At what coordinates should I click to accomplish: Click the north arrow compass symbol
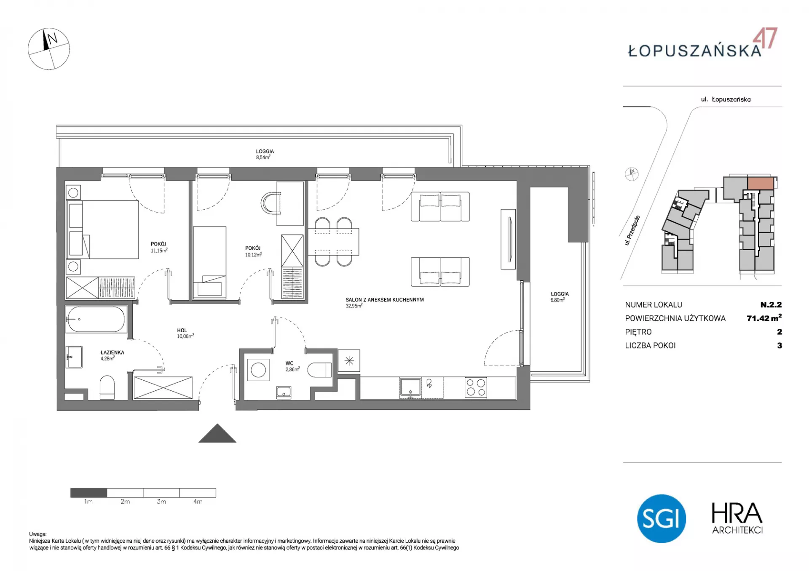[49, 49]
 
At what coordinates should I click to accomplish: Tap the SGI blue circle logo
[661, 518]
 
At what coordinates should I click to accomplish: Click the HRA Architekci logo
[737, 518]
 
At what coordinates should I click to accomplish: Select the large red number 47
[765, 39]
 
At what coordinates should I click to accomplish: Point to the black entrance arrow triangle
[217, 433]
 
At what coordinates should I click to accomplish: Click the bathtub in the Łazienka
[96, 319]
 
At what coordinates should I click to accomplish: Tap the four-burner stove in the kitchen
[476, 387]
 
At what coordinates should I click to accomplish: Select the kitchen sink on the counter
[410, 387]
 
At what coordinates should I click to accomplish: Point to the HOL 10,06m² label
[185, 333]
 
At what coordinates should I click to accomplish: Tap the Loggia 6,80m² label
[559, 297]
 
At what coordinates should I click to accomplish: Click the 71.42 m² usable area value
[764, 318]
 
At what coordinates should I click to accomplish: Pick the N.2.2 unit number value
[771, 304]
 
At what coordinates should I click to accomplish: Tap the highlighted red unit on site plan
[761, 183]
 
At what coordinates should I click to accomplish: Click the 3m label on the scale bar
[161, 502]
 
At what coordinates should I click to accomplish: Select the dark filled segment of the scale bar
[89, 493]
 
